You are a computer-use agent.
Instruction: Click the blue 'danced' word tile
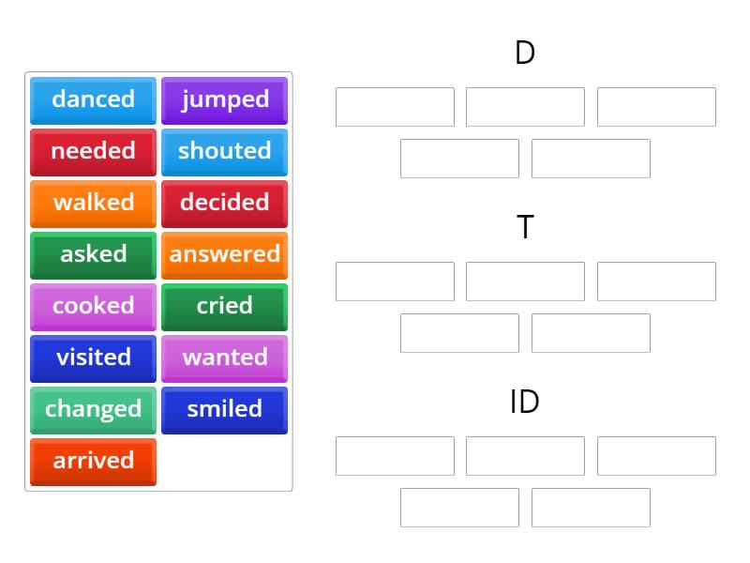(93, 99)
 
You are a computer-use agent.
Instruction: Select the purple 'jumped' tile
(224, 99)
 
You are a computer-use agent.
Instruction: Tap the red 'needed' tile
(93, 151)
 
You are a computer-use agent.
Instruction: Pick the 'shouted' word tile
(224, 151)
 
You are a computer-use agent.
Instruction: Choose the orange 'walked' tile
(93, 203)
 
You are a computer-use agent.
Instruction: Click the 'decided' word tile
(224, 203)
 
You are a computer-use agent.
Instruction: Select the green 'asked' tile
(93, 254)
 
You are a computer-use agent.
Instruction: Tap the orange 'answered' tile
(224, 254)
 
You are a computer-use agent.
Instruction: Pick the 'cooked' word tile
(93, 306)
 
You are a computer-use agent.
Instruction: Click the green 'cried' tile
(224, 306)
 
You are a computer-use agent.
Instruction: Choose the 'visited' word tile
(93, 358)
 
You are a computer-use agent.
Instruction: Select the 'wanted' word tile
(224, 358)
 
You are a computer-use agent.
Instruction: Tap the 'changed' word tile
(93, 409)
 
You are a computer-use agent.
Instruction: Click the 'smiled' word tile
(224, 409)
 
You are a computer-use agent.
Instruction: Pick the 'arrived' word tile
(93, 461)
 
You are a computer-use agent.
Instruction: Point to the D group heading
(525, 53)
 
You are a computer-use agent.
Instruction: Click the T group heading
(525, 227)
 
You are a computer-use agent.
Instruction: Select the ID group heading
(525, 402)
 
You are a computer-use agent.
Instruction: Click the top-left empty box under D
(395, 107)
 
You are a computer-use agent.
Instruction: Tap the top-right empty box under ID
(656, 456)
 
